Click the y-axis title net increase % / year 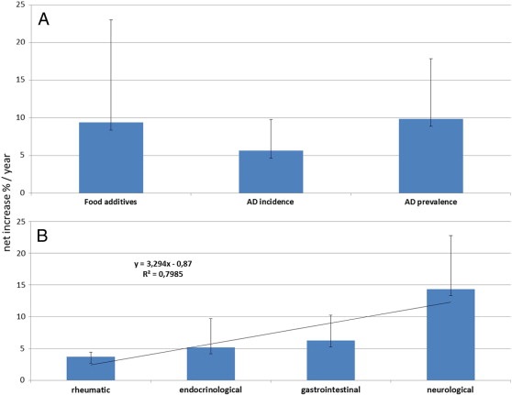tap(8, 197)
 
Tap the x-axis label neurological tap(451, 389)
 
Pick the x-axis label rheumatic tap(91, 389)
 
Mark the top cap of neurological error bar tap(451, 236)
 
